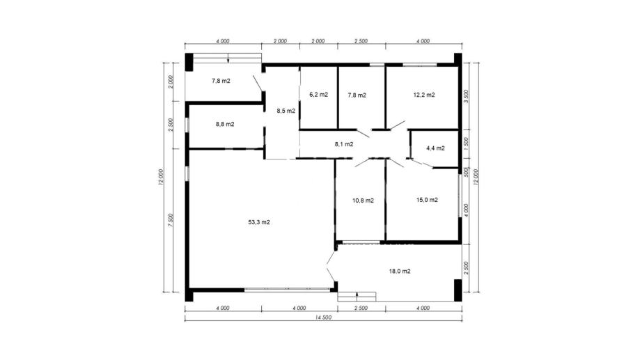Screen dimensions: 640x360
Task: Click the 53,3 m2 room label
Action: click(x=259, y=222)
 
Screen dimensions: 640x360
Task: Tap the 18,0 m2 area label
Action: click(x=400, y=271)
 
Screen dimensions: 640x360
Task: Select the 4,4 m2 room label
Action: click(x=435, y=148)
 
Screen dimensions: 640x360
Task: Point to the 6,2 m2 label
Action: click(x=318, y=94)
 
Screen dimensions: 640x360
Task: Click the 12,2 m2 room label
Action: click(x=424, y=95)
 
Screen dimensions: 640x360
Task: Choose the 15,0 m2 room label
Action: click(x=427, y=200)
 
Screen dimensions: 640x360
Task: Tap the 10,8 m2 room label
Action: click(x=363, y=201)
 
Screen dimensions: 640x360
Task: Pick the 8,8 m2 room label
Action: click(x=225, y=124)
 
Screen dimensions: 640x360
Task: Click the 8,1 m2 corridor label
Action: click(x=344, y=144)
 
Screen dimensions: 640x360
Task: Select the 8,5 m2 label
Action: click(x=286, y=111)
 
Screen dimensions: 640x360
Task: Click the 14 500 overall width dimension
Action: click(x=323, y=318)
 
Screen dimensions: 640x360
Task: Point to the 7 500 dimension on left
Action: click(x=171, y=221)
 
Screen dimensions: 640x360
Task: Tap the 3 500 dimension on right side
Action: click(x=467, y=96)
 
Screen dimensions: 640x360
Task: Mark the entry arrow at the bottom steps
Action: click(x=357, y=297)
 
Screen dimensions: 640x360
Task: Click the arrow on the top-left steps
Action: click(x=228, y=58)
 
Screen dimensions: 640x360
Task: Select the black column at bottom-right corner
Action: click(x=458, y=290)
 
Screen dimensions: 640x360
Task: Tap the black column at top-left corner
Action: click(x=189, y=63)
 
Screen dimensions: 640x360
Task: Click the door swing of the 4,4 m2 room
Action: click(x=421, y=163)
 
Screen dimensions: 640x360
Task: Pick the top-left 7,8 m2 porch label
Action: click(x=221, y=81)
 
